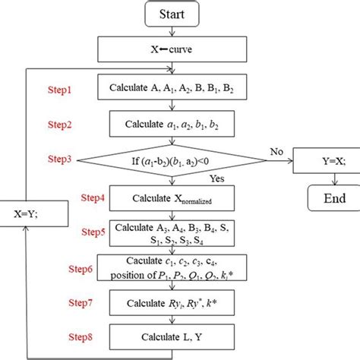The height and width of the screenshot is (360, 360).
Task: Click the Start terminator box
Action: point(175,14)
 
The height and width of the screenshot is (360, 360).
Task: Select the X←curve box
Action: point(175,51)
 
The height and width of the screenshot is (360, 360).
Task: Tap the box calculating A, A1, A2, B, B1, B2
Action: point(175,88)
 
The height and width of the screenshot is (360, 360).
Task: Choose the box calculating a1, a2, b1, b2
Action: point(175,123)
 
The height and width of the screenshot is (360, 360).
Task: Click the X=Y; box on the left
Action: point(27,214)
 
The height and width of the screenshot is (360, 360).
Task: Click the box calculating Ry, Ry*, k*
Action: point(175,304)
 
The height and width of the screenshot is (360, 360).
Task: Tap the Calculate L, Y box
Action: point(175,336)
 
